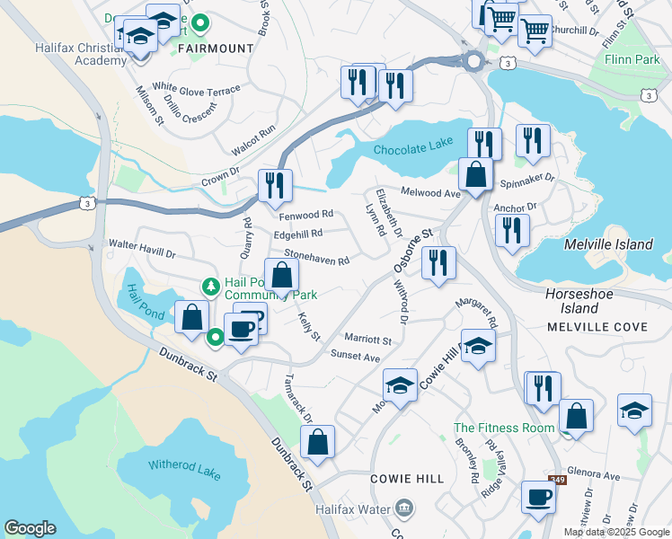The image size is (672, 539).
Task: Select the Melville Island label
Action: point(606,244)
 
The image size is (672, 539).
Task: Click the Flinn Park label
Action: point(635,61)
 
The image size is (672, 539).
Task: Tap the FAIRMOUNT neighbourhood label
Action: point(217,48)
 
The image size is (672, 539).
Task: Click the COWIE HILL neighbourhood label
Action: point(407,479)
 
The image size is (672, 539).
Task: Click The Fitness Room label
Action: point(504,429)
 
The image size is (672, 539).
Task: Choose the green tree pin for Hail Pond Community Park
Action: point(211,287)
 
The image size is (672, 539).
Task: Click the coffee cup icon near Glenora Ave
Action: point(538,497)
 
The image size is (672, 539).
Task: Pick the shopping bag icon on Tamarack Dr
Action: point(318,442)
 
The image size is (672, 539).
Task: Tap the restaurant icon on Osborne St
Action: point(438,263)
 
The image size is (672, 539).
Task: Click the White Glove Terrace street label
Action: point(196,89)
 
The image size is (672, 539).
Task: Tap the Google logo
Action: point(31,528)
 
